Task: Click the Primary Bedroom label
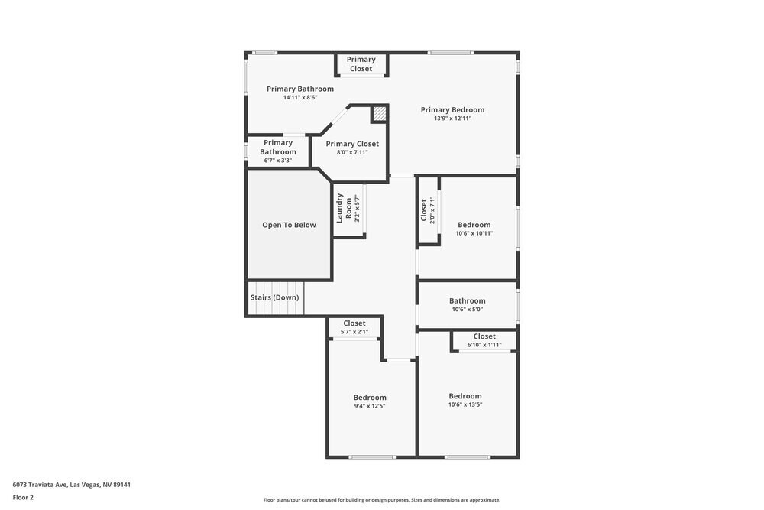point(452,109)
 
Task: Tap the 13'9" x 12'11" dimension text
point(452,119)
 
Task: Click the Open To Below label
point(289,225)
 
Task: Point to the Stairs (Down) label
point(274,297)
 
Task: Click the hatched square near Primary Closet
point(379,114)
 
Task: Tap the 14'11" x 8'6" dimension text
point(299,98)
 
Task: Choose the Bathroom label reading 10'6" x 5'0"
point(467,300)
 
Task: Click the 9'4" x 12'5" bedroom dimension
point(369,406)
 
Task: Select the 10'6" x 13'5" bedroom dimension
point(465,404)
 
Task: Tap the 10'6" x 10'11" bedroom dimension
point(474,233)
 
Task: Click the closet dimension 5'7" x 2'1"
point(354,332)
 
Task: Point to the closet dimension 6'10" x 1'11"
point(484,345)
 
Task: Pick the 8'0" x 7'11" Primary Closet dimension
point(352,152)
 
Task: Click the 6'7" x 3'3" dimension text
point(277,161)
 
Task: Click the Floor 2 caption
point(23,497)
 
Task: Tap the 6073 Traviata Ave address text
point(76,484)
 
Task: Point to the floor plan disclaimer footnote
point(381,500)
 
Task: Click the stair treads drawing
point(274,309)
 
